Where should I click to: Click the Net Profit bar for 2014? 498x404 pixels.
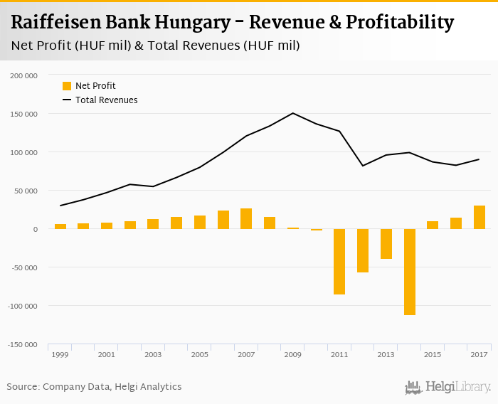410,272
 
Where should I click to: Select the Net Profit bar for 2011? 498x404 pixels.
339,262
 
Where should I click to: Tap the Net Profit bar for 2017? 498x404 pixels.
480,217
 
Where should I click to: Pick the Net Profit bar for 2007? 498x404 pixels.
246,218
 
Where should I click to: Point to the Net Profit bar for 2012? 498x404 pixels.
363,250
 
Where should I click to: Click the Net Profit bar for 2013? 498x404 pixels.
386,244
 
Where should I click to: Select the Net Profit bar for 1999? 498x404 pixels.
60,226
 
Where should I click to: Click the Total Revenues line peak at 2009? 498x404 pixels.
292,113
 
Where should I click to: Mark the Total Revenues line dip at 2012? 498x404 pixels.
363,166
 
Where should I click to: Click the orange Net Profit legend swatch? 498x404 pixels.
67,86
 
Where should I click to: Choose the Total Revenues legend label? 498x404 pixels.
106,100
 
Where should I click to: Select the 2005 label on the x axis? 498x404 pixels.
199,354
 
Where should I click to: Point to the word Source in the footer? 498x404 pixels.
23,387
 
